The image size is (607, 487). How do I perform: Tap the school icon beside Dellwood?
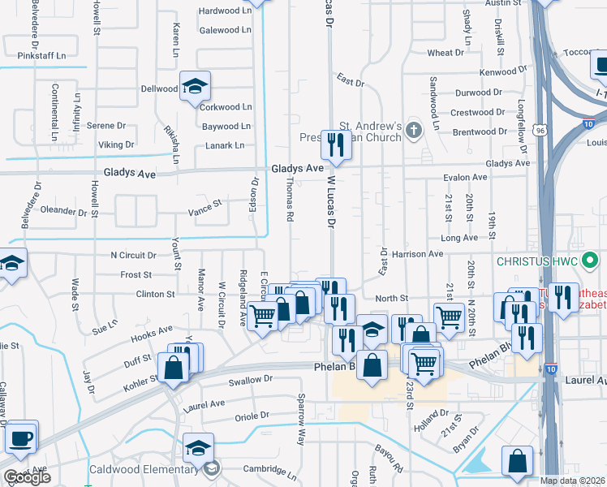pos(195,85)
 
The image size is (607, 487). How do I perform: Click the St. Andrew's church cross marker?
pos(414,129)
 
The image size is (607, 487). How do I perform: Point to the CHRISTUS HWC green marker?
pos(591,261)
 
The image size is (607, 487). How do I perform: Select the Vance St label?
pos(204,207)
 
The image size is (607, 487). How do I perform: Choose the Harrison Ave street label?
pos(417,253)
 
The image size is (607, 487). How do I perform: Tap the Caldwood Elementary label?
pos(153,469)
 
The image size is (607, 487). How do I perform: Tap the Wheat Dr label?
pos(446,53)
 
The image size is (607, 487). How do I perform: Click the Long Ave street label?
pos(459,238)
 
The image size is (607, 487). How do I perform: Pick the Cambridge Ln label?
pos(270,472)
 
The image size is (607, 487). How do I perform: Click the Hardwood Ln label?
pos(226,11)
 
